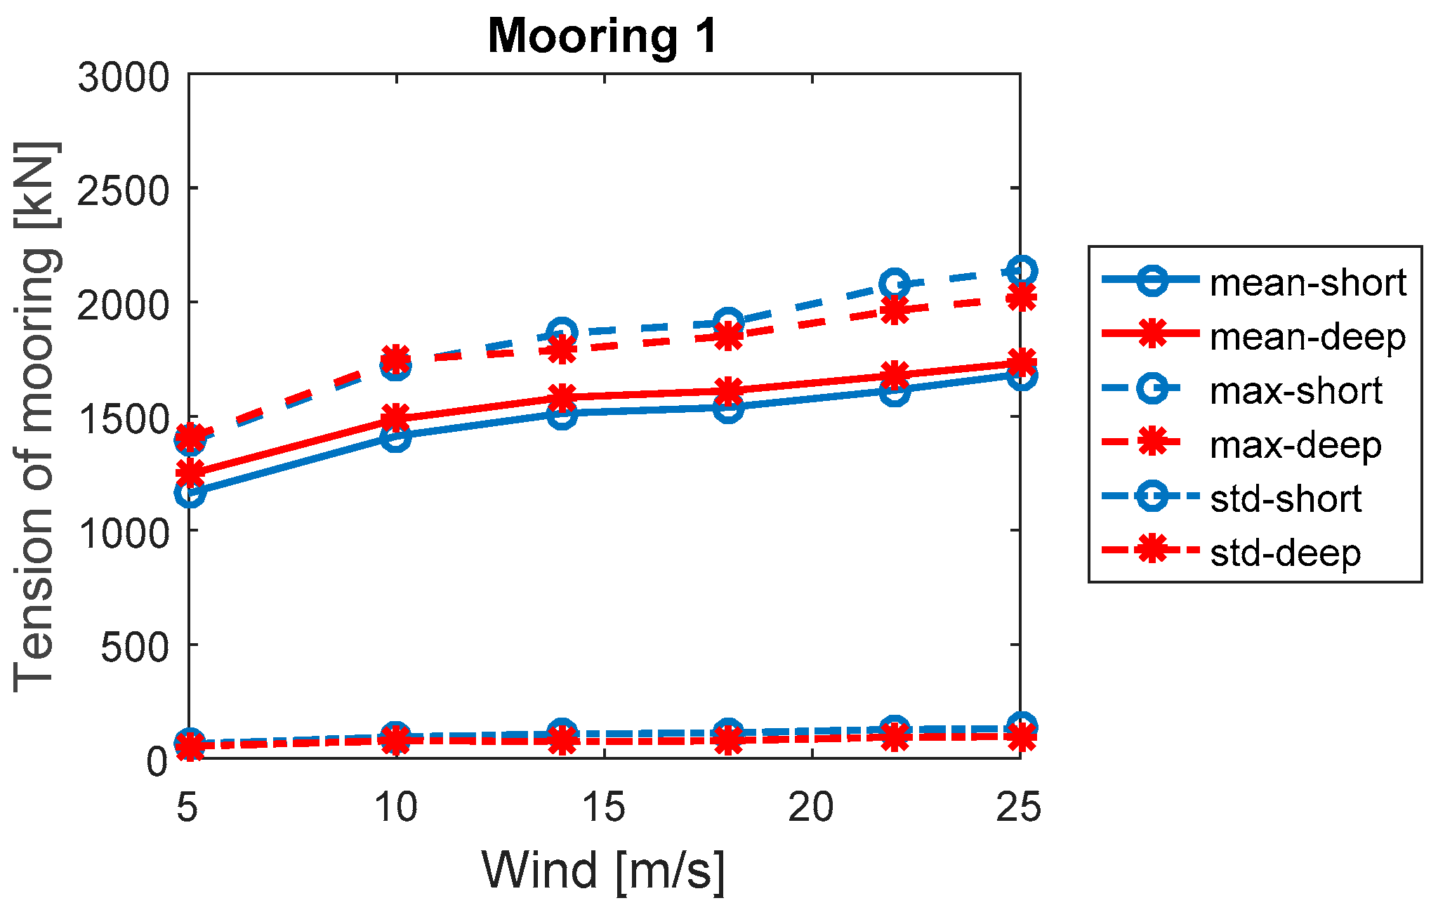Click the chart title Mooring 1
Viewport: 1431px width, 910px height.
[x=602, y=35]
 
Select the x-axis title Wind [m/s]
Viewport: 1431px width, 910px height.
[x=602, y=871]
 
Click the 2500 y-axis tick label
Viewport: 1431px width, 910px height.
[x=124, y=190]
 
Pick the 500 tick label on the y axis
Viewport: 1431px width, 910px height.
[x=136, y=646]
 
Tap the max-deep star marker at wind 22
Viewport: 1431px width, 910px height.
[x=894, y=310]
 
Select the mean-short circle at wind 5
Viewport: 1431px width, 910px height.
[x=190, y=493]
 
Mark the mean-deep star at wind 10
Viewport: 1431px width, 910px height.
[x=396, y=416]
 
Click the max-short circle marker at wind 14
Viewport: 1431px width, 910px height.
[x=562, y=331]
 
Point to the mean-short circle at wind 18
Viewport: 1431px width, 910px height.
[x=728, y=408]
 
